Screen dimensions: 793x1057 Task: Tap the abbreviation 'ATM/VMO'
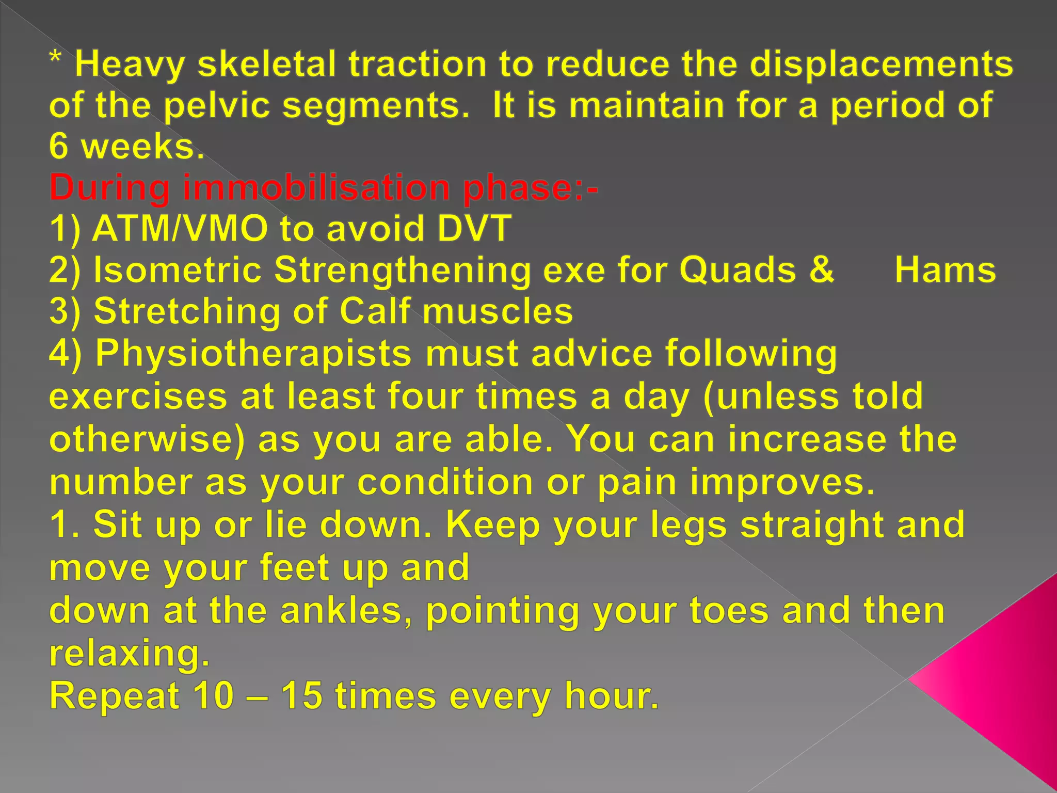(x=180, y=228)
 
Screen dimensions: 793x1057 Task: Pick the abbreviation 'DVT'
(x=474, y=228)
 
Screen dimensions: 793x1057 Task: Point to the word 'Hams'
(x=945, y=270)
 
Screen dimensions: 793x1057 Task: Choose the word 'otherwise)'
(x=147, y=439)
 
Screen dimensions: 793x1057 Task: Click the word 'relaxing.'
(x=130, y=653)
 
